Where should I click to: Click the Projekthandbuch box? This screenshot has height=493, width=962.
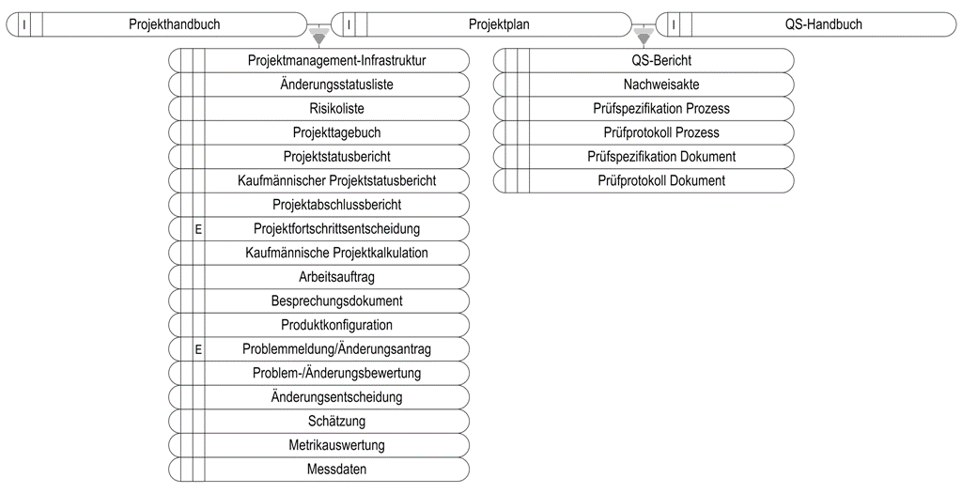tap(156, 24)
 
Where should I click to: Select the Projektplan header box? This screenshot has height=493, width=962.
tap(481, 24)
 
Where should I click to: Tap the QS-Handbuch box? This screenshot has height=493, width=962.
tap(806, 24)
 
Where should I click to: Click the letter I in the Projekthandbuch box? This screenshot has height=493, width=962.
tap(23, 25)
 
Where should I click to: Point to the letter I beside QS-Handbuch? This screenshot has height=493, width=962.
tap(675, 25)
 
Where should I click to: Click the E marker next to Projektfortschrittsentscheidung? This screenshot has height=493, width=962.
tap(198, 230)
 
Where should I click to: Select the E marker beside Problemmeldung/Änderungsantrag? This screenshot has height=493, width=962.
tap(198, 350)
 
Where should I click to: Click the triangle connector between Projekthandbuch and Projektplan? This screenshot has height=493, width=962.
tap(318, 37)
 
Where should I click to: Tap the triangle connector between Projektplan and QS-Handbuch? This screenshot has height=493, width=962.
tap(644, 37)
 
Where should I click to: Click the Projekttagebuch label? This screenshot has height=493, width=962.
tap(337, 132)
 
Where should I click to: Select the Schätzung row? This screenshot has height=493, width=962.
tap(319, 422)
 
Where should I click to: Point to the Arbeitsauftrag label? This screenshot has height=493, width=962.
tap(337, 276)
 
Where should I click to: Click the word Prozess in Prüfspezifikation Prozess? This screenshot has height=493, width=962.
tap(708, 109)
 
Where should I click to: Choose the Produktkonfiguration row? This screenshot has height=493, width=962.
tap(319, 325)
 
